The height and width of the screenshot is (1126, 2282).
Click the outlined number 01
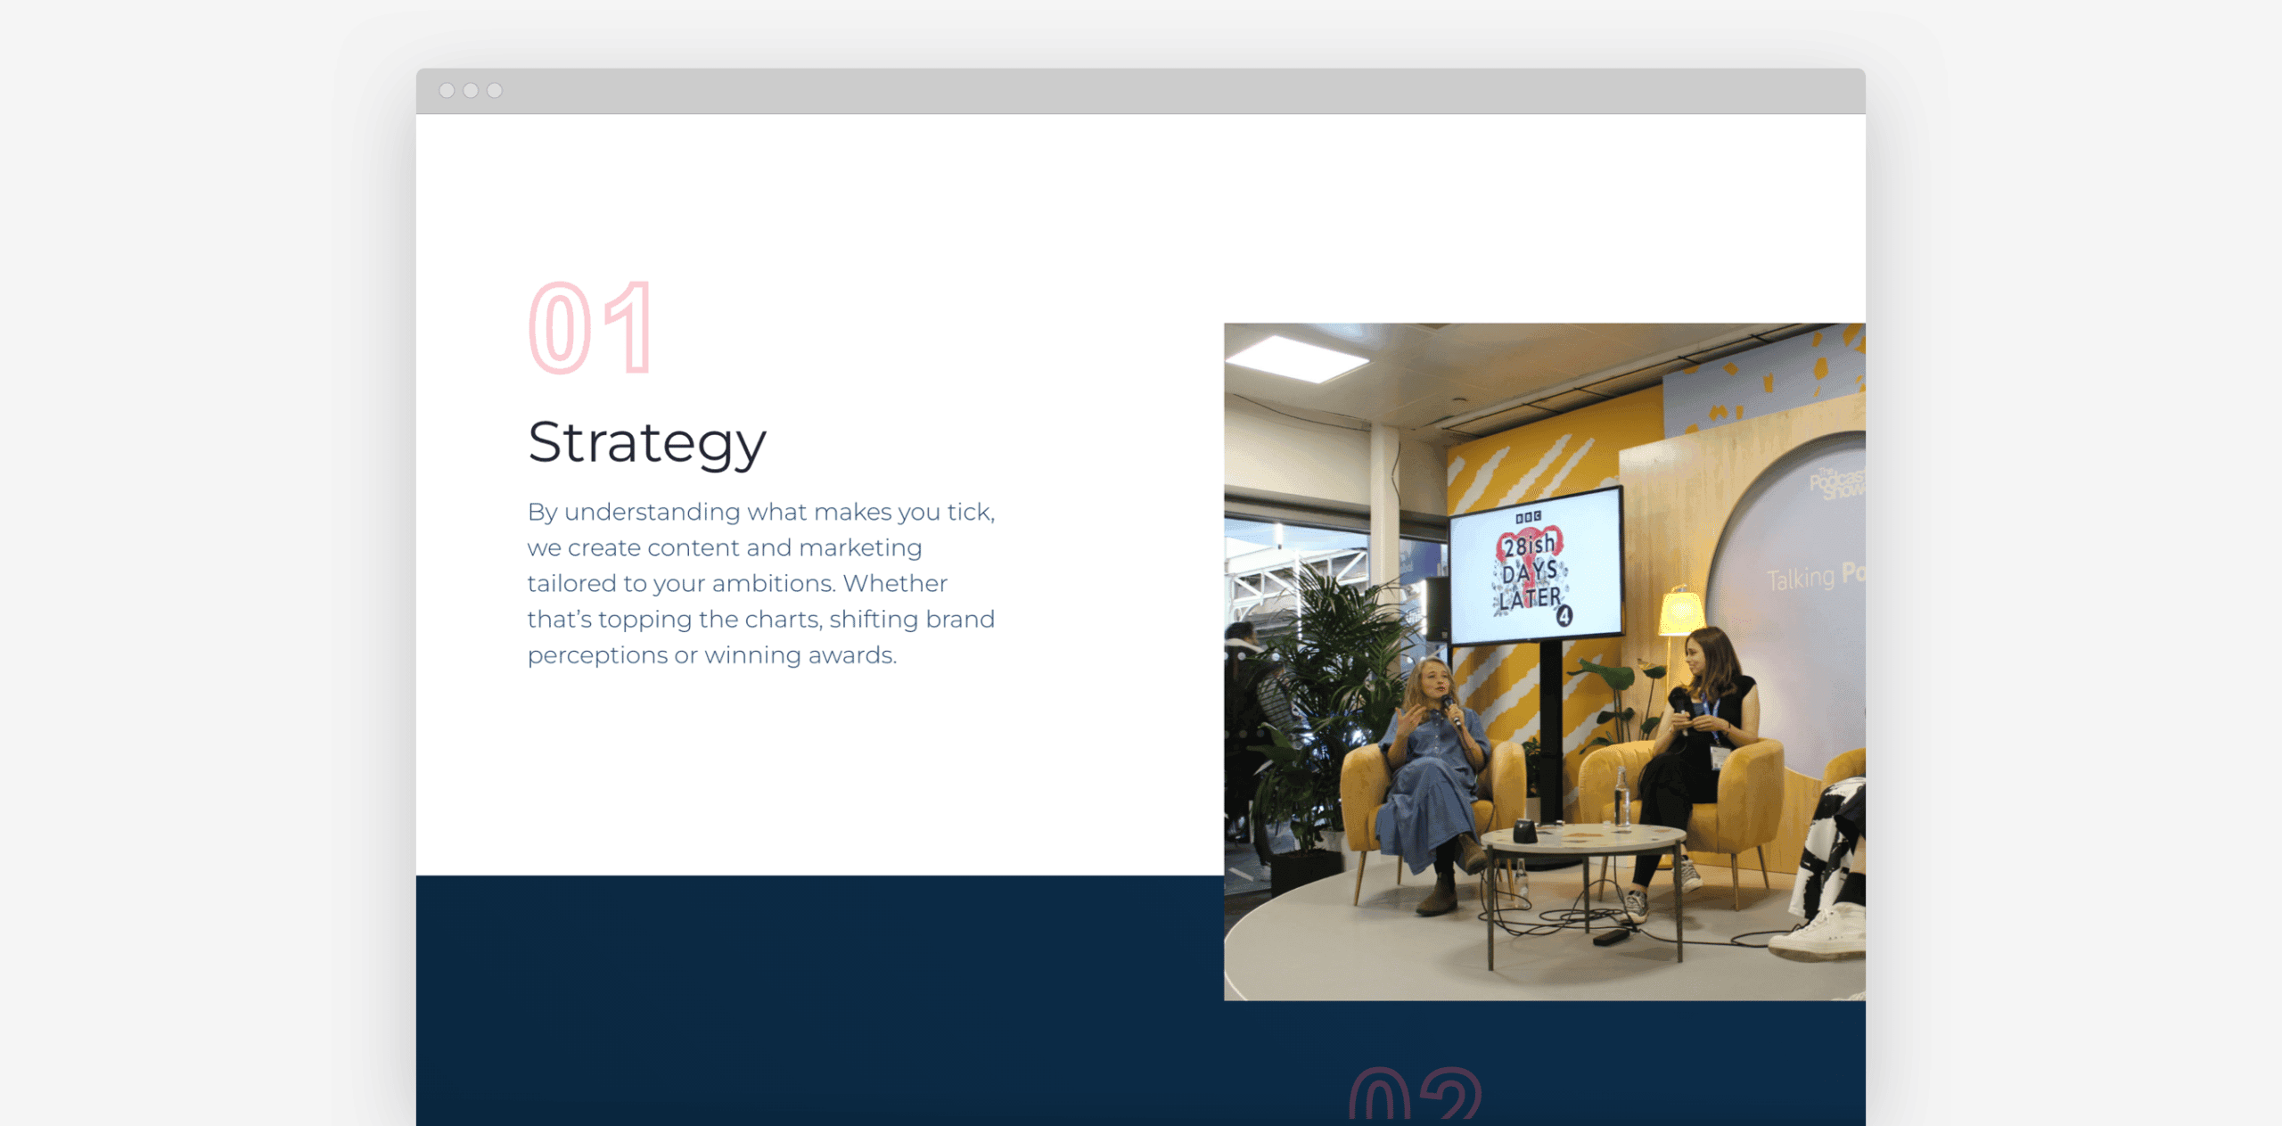click(592, 328)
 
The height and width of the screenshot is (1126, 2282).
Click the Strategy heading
click(646, 442)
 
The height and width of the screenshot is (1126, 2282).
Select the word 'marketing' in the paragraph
click(860, 547)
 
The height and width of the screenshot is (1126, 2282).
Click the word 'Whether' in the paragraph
click(895, 583)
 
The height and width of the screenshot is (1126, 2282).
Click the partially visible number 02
click(1415, 1095)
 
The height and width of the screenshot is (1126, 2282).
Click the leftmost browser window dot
click(447, 90)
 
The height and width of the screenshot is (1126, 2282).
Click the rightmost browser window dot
click(495, 90)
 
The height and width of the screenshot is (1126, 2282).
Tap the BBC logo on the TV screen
click(1528, 517)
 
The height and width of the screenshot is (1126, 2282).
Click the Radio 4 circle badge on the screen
click(1564, 615)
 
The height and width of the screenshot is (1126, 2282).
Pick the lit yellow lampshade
click(1681, 613)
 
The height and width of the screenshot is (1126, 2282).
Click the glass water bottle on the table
click(1621, 795)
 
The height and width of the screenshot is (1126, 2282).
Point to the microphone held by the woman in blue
click(1451, 709)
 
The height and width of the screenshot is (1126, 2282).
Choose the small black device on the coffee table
click(1524, 832)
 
